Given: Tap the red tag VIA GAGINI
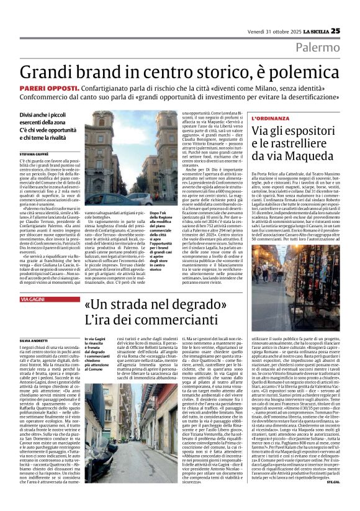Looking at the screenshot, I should pos(35,299).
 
